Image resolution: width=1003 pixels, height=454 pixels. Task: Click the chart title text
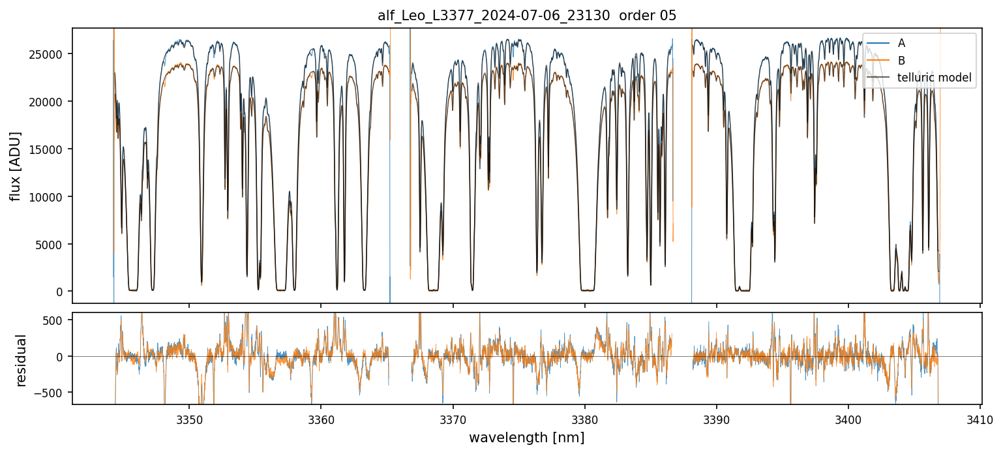point(527,16)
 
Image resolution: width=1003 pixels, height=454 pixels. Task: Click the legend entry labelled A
point(901,43)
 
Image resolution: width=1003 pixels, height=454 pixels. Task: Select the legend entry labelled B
point(901,61)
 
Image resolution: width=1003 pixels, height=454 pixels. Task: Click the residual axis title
point(22,360)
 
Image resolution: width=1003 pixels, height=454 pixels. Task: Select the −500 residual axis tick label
point(52,393)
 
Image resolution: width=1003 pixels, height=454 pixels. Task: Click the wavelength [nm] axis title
point(526,438)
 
